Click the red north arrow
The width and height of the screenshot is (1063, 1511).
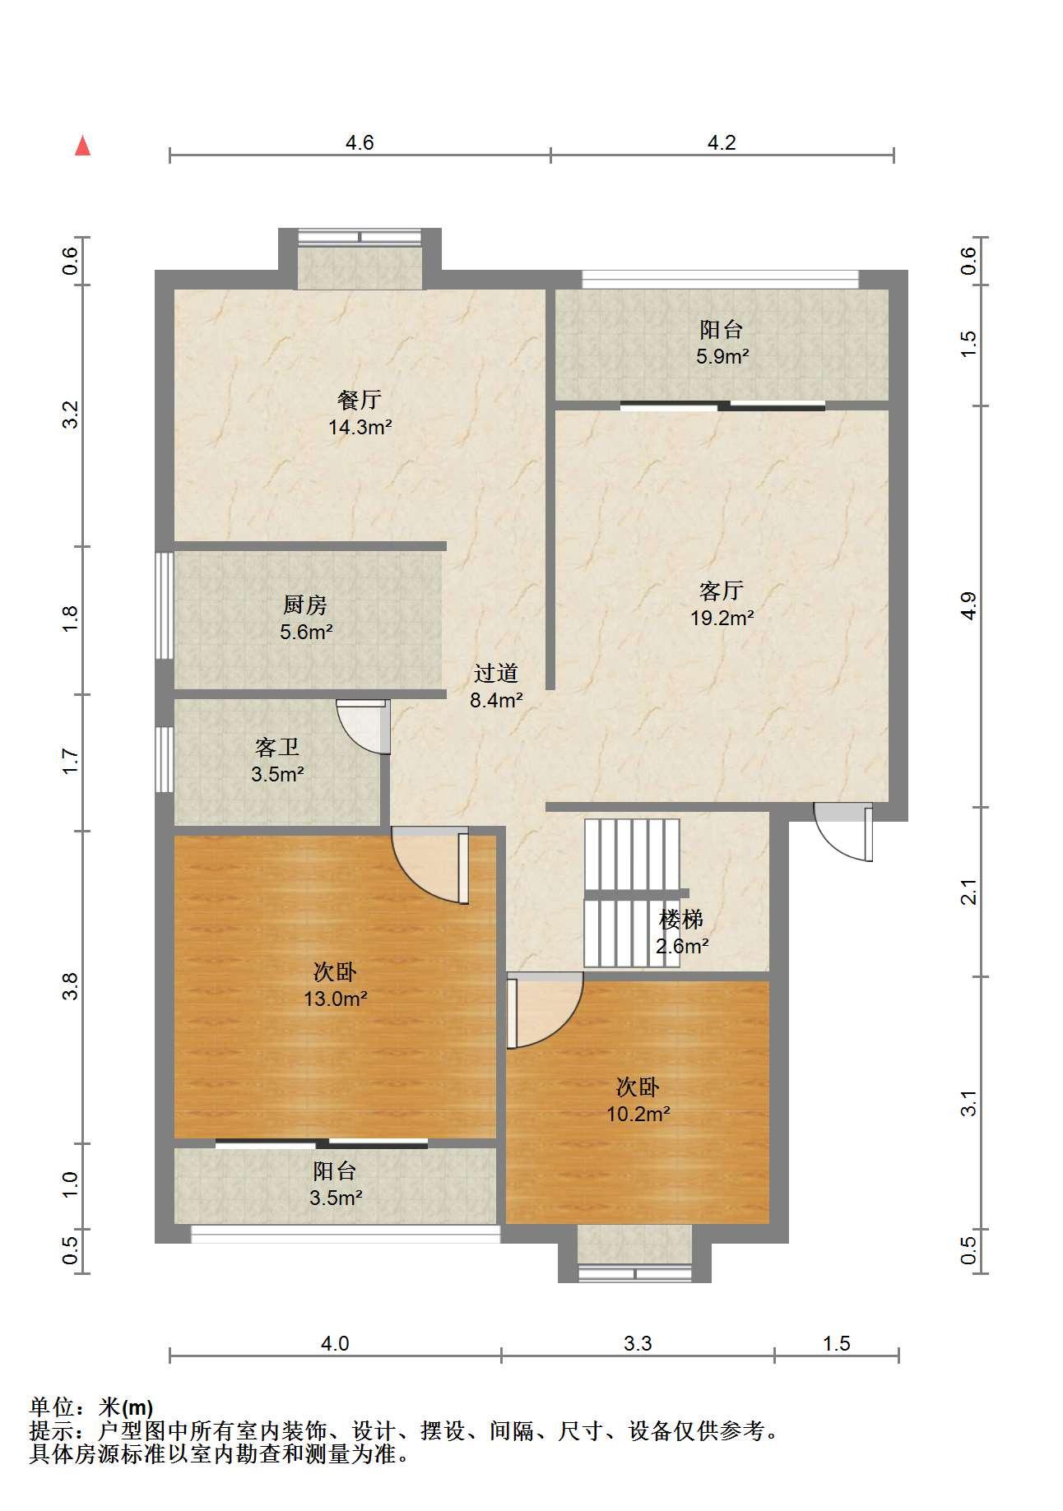82,146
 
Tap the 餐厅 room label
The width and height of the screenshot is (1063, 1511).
360,400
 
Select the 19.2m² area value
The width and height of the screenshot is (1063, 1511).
722,618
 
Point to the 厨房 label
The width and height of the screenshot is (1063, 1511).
305,605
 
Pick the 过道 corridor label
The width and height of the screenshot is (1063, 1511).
496,673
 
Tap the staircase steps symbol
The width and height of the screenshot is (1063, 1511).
632,892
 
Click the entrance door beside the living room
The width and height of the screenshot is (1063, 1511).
843,831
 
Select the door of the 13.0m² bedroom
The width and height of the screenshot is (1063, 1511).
430,865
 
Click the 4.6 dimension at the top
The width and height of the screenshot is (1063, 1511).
360,142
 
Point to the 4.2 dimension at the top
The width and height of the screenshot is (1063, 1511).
722,142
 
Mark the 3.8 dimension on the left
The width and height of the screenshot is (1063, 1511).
70,986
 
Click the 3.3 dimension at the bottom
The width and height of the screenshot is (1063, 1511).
638,1343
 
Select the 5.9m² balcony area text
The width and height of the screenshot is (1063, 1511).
722,356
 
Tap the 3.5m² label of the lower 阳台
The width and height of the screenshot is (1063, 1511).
336,1198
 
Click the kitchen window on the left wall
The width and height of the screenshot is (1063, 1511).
165,605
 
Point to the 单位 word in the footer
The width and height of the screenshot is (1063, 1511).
51,1407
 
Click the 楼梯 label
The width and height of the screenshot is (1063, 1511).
681,919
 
